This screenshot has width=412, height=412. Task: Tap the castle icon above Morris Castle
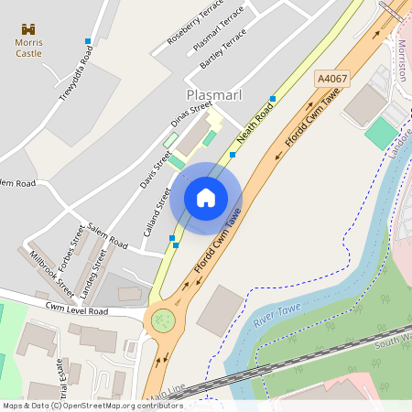pyautogui.click(x=28, y=30)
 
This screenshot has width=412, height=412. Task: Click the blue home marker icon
pyautogui.click(x=206, y=198)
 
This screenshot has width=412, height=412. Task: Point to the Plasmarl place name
pyautogui.click(x=213, y=94)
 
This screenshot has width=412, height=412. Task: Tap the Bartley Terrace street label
pyautogui.click(x=222, y=49)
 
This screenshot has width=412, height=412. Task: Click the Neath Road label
pyautogui.click(x=255, y=123)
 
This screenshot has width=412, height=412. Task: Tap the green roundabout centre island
pyautogui.click(x=163, y=320)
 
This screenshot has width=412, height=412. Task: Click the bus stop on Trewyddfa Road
pyautogui.click(x=88, y=41)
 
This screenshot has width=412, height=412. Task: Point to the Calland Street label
pyautogui.click(x=157, y=211)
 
